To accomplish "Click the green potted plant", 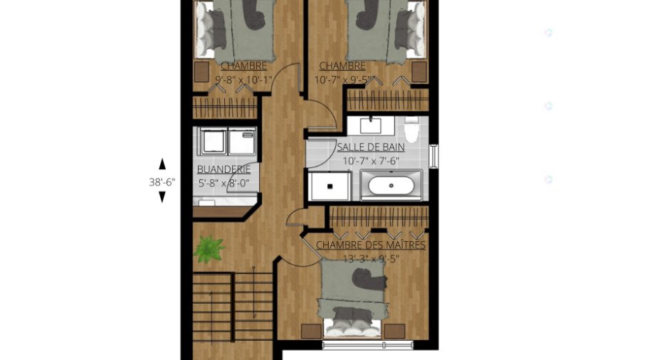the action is tap(209, 249).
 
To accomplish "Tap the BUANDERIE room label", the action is tap(223, 169).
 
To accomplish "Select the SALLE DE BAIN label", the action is tap(371, 147).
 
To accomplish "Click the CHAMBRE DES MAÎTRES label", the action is tap(370, 245).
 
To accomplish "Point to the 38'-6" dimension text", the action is tap(162, 182).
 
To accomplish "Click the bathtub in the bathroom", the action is tap(391, 186).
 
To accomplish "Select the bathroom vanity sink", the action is tap(371, 126).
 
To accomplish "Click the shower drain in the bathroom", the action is tap(330, 186).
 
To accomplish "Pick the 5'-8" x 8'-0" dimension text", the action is tap(223, 184).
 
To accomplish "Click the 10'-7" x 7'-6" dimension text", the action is tap(371, 161).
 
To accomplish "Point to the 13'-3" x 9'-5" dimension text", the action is tap(371, 259).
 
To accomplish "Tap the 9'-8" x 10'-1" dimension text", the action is tap(243, 80).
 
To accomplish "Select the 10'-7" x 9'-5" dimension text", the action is tap(342, 80).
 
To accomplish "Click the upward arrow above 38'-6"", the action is tap(162, 164).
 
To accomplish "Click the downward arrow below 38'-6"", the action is tap(162, 197).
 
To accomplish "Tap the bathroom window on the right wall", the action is tap(434, 156).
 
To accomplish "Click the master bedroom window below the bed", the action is tap(367, 344).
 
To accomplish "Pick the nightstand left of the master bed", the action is tap(311, 332).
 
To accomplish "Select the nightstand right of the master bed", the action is tap(394, 332).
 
